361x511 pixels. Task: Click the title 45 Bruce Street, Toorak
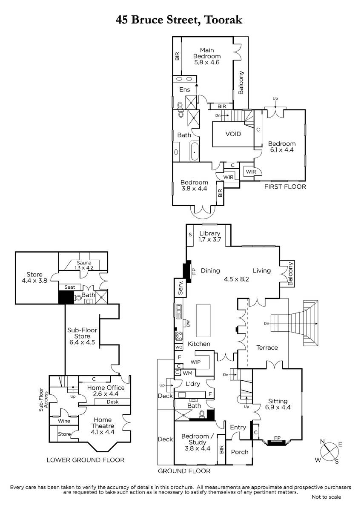(x=179, y=20)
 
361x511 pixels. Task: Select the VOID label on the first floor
(x=233, y=134)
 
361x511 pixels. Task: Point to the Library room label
(x=209, y=236)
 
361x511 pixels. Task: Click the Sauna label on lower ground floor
(x=84, y=265)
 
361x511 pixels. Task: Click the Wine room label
(x=64, y=421)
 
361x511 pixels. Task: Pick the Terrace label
(x=267, y=347)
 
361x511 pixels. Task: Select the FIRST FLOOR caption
(x=285, y=187)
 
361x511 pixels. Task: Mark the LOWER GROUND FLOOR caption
(x=86, y=460)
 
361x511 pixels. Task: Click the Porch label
(x=240, y=452)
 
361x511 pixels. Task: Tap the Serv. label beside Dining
(x=180, y=288)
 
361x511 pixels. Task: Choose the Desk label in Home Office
(x=112, y=402)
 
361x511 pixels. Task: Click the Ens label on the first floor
(x=184, y=90)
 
